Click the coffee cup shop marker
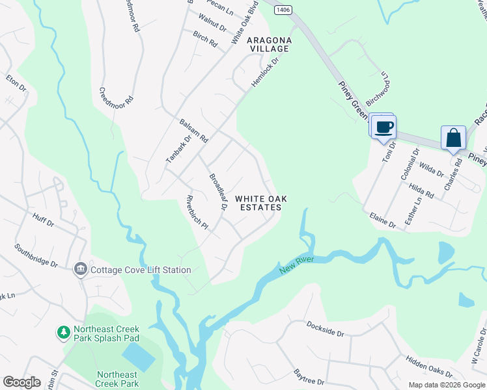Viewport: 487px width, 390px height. [x=383, y=127]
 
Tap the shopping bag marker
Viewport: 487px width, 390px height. [x=453, y=138]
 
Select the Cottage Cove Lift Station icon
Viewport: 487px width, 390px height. [x=81, y=269]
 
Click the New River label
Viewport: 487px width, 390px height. [x=297, y=265]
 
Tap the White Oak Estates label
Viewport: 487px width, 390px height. [x=258, y=203]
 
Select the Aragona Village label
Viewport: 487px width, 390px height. [x=268, y=44]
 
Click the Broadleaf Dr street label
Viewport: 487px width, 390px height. [x=217, y=192]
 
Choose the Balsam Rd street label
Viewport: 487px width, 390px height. [x=193, y=131]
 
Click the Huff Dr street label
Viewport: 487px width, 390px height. [x=42, y=222]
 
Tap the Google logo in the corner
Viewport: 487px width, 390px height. [x=21, y=382]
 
